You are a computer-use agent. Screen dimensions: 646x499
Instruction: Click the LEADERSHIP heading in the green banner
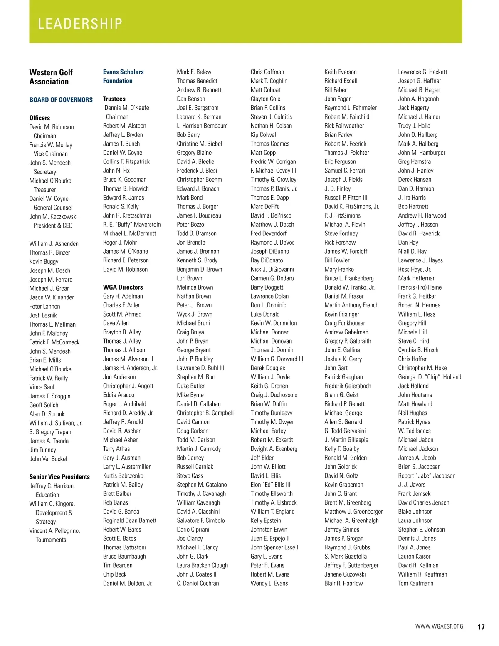click(x=80, y=24)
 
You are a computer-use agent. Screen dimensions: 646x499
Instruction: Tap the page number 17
click(x=481, y=627)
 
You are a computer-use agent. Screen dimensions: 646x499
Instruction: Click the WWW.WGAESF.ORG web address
click(x=439, y=626)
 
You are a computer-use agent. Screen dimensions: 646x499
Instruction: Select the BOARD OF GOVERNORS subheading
click(x=61, y=100)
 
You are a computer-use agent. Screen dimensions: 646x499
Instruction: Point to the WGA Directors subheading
click(x=123, y=287)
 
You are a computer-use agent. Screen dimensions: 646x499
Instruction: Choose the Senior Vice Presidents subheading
click(x=59, y=477)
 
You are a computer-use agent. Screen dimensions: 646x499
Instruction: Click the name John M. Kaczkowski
click(x=53, y=216)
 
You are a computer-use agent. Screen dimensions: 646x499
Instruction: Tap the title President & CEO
click(x=53, y=225)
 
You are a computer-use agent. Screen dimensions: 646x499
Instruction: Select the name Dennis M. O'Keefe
click(x=127, y=108)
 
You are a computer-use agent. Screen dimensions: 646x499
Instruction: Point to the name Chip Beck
click(x=114, y=574)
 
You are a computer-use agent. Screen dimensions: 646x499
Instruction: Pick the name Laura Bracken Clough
click(x=202, y=565)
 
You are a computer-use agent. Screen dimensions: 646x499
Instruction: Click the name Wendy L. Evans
click(x=269, y=583)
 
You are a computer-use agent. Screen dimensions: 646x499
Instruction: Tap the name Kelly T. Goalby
click(x=341, y=449)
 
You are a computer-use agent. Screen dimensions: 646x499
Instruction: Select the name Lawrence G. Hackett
click(x=422, y=72)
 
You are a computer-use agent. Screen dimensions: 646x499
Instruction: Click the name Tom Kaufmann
click(x=415, y=583)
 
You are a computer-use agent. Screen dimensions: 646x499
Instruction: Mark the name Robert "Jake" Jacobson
click(x=427, y=475)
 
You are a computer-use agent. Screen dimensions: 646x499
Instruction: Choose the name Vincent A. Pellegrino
click(x=54, y=531)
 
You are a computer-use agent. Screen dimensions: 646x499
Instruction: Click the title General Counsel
click(x=53, y=208)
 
